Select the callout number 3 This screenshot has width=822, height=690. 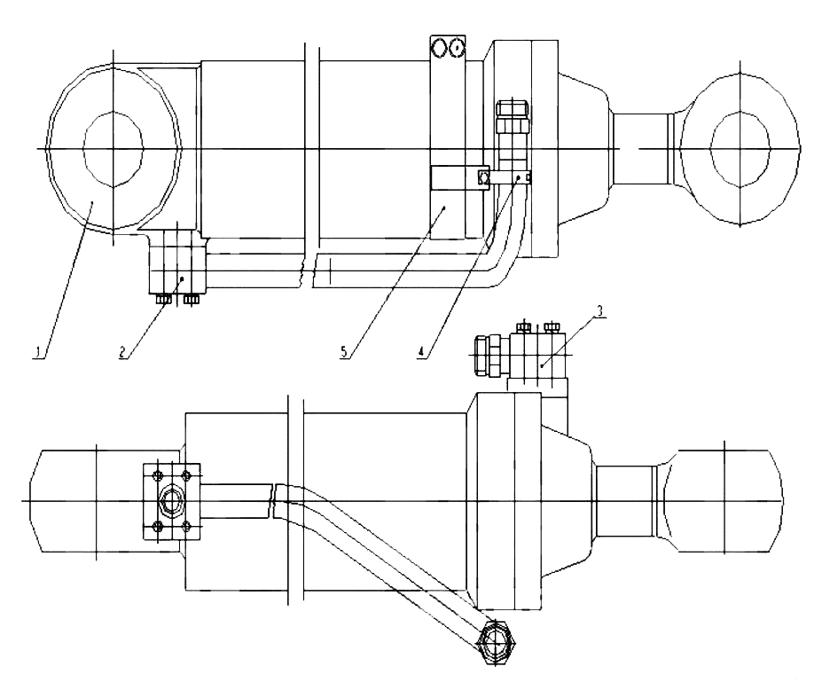(x=600, y=310)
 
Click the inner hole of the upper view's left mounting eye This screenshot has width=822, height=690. (x=114, y=149)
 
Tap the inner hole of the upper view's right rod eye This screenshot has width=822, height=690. (x=740, y=149)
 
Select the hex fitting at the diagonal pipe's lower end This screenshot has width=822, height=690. (x=497, y=642)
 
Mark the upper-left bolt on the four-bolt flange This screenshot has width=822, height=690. (x=156, y=476)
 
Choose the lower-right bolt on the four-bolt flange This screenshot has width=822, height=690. (x=185, y=525)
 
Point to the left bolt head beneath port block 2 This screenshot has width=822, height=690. (x=163, y=300)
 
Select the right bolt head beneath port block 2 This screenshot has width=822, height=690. (x=191, y=300)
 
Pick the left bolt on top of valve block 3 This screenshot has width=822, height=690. (x=523, y=328)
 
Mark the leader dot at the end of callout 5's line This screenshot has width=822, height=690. (x=444, y=208)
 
